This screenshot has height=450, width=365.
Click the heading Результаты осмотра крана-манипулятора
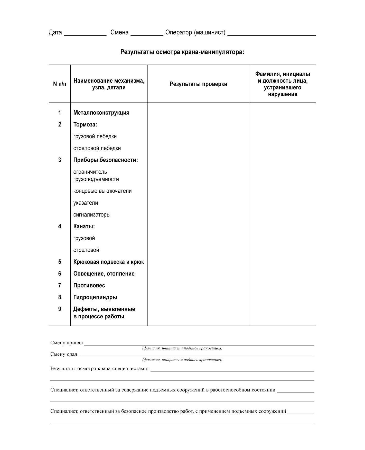pyautogui.click(x=182, y=52)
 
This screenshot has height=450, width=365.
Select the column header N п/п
pyautogui.click(x=60, y=84)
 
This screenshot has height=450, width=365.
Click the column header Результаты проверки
pyautogui.click(x=198, y=84)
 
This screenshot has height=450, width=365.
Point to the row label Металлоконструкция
pyautogui.click(x=101, y=113)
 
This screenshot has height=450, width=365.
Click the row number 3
pyautogui.click(x=60, y=160)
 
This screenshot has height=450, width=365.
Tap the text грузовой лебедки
pyautogui.click(x=95, y=136)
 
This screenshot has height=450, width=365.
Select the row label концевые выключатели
pyautogui.click(x=102, y=191)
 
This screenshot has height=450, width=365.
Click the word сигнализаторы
pyautogui.click(x=92, y=214)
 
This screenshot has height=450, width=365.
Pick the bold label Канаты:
pyautogui.click(x=84, y=226)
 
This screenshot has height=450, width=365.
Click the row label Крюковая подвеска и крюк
pyautogui.click(x=108, y=262)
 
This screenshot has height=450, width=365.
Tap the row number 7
pyautogui.click(x=60, y=285)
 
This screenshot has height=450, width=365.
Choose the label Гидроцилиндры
pyautogui.click(x=95, y=297)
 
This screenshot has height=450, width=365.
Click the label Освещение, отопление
pyautogui.click(x=104, y=273)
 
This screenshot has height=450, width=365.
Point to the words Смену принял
pyautogui.click(x=67, y=343)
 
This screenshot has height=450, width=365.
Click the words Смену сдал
pyautogui.click(x=64, y=354)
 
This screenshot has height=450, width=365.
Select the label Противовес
pyautogui.click(x=89, y=285)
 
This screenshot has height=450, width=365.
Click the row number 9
pyautogui.click(x=60, y=309)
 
